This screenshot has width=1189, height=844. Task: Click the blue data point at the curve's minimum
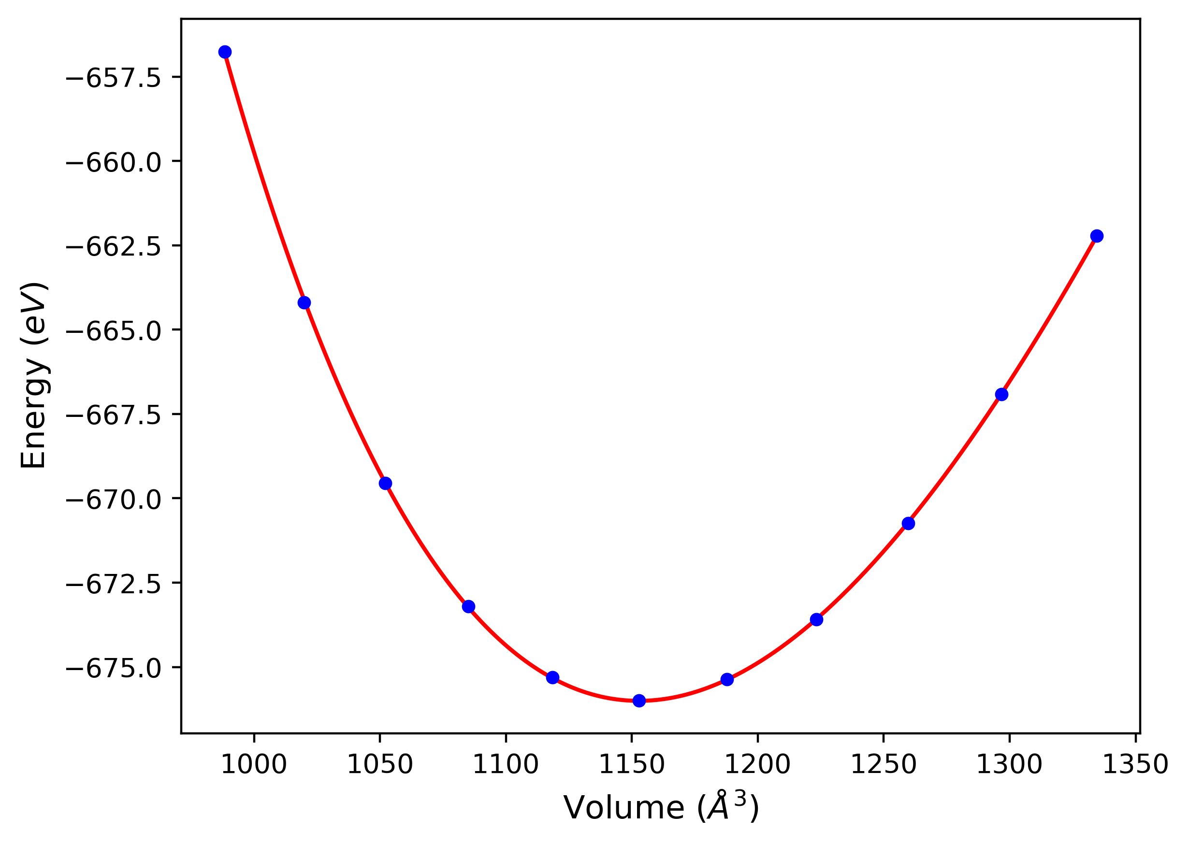pos(639,701)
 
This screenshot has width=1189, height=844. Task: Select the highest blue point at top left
pos(225,52)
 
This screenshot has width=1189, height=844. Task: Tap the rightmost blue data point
pos(1097,236)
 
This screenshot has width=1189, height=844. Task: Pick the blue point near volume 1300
pos(1001,394)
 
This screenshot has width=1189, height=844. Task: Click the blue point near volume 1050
pos(385,483)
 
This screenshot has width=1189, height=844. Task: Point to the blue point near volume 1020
pos(304,303)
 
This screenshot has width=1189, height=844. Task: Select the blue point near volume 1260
pos(908,523)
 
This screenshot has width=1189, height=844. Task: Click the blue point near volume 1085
pos(468,606)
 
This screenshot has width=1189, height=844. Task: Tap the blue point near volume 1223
pos(816,619)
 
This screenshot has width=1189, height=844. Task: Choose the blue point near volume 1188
pos(727,679)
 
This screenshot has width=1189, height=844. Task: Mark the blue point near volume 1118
pos(552,677)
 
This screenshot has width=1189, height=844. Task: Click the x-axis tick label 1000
pos(254,764)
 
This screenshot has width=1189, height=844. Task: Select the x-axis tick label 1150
pos(632,764)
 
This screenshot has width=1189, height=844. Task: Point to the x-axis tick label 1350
pos(1135,764)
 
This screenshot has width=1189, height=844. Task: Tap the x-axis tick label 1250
pos(884,764)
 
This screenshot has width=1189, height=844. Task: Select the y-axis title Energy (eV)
pos(34,375)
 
